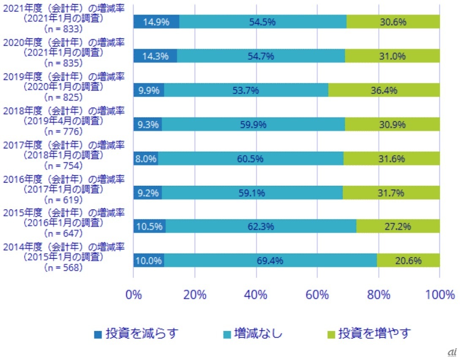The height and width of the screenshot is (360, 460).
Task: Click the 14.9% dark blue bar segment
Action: [156, 22]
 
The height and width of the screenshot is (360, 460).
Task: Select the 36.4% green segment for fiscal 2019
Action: [384, 90]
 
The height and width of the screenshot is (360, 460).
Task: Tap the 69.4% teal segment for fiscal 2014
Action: [270, 261]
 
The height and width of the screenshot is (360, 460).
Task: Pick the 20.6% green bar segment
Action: [408, 261]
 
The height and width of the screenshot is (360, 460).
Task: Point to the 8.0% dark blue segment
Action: [146, 158]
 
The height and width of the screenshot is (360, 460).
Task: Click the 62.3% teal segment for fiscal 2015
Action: [261, 226]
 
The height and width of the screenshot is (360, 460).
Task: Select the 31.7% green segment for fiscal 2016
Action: [391, 193]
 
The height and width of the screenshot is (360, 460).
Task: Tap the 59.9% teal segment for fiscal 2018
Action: [253, 124]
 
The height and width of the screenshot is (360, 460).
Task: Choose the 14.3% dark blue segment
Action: [155, 56]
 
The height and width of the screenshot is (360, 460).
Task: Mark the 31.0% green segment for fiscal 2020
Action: [392, 56]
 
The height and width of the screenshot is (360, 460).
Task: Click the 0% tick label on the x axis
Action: [134, 295]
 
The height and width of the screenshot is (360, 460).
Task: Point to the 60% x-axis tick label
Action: [317, 295]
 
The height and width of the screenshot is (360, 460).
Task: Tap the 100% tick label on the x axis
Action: [440, 295]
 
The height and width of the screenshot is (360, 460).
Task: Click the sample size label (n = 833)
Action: [63, 29]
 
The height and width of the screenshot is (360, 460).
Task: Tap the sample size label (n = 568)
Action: [63, 267]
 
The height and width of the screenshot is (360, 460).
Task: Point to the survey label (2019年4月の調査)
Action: [63, 121]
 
